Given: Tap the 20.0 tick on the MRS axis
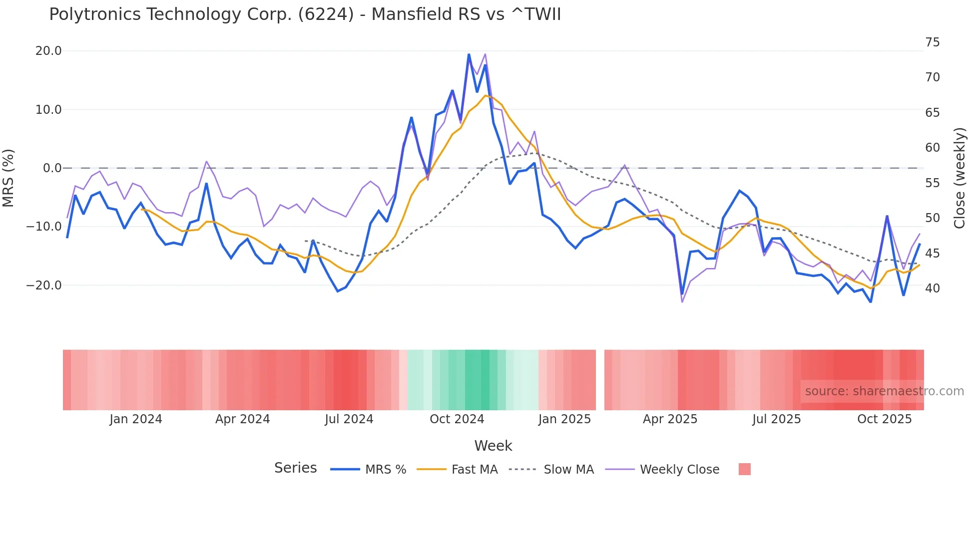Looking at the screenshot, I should pos(48,51).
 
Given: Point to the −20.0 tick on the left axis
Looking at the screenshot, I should pos(44,285).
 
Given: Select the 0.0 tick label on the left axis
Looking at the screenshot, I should pos(52,168).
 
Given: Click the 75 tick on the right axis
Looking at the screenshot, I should pos(932,42).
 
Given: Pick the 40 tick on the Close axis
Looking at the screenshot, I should pos(932,288).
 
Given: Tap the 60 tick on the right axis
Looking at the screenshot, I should pos(932,148).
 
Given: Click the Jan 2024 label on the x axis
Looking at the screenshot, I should pos(136,419).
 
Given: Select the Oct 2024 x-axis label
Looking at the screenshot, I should pos(457,419).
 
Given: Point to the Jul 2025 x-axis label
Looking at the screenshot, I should pos(777,419).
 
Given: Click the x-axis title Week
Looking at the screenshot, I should pos(493,446).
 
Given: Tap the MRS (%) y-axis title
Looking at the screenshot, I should pos(8,178).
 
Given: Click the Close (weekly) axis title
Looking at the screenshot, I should pos(960,178).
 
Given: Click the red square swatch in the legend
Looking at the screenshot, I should pos(744,469).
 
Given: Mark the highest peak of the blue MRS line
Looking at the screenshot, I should pos(469,54).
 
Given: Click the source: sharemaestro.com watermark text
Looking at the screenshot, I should pos(884,391).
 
